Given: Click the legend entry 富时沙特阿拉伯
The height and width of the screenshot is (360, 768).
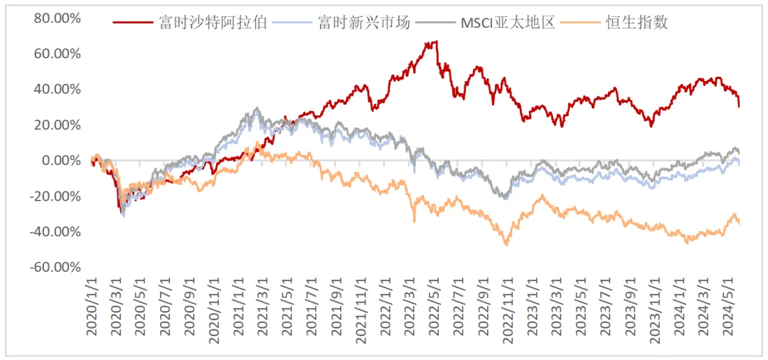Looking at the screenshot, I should click(213, 22).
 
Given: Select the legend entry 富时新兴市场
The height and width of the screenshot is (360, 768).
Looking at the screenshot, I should click(363, 22).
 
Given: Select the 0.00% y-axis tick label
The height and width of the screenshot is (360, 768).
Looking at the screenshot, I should click(60, 160).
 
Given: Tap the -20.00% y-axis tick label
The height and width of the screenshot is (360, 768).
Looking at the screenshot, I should click(55, 196).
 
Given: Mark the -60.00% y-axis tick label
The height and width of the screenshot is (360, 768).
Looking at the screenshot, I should click(55, 267).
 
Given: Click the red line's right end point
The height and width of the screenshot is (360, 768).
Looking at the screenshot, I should click(740, 107).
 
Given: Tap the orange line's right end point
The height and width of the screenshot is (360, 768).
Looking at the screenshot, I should click(740, 223).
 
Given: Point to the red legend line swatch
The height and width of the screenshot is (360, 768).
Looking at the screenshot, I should click(133, 22).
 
